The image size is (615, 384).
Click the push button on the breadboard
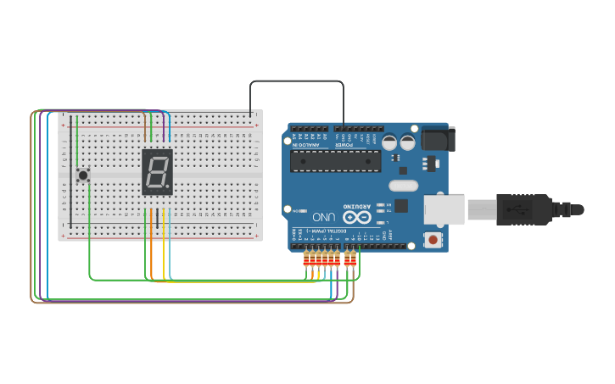(83, 175)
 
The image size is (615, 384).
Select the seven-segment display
(157, 172)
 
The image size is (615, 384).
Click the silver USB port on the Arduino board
(444, 209)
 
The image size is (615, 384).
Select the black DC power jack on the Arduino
(438, 139)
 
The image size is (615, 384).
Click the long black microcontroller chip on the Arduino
(335, 161)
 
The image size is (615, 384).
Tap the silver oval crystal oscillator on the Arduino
(404, 186)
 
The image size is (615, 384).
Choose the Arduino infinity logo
(350, 217)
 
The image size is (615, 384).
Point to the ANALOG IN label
(309, 144)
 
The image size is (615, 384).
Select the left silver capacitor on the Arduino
(389, 142)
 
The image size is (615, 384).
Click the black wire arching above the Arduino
(297, 81)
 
